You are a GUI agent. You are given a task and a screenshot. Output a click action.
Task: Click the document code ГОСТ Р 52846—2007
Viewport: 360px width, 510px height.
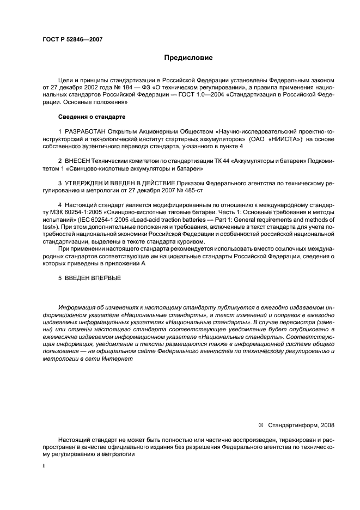point(72,40)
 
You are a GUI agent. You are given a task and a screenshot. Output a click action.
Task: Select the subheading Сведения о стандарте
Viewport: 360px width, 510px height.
point(91,117)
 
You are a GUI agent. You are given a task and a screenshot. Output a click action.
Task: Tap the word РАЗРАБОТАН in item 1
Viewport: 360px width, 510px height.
point(86,132)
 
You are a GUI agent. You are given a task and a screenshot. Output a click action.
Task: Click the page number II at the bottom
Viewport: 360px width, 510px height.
point(44,466)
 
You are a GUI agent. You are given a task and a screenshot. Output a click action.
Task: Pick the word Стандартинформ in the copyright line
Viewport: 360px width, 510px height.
point(291,424)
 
